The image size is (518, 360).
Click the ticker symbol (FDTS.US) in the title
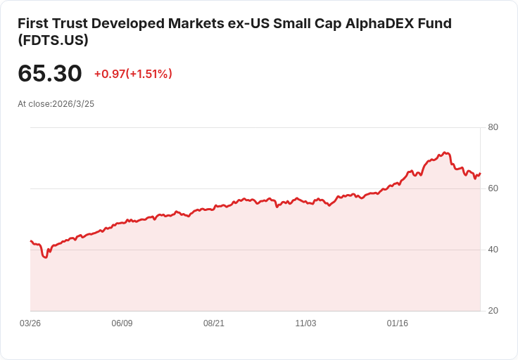(x=53, y=41)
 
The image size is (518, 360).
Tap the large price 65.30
(x=49, y=73)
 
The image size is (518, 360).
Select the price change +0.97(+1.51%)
(x=133, y=74)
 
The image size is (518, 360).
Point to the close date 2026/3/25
(x=73, y=103)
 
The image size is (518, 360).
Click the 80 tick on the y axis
(x=493, y=127)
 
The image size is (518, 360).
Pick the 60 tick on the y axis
(x=493, y=188)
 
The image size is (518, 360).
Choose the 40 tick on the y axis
(x=493, y=250)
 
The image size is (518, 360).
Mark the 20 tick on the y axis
(x=493, y=311)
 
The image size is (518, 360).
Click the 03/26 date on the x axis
(x=30, y=323)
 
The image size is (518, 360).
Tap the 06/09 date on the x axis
(x=122, y=323)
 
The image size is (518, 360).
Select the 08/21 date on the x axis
(x=214, y=323)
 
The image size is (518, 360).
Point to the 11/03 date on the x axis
(x=305, y=323)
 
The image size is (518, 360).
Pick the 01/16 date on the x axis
(x=398, y=323)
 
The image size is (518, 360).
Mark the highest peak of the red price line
(x=444, y=152)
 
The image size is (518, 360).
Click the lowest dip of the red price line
(x=46, y=258)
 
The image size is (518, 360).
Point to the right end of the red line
(x=480, y=174)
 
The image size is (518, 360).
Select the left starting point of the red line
(x=30, y=240)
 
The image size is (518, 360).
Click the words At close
(x=34, y=103)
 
